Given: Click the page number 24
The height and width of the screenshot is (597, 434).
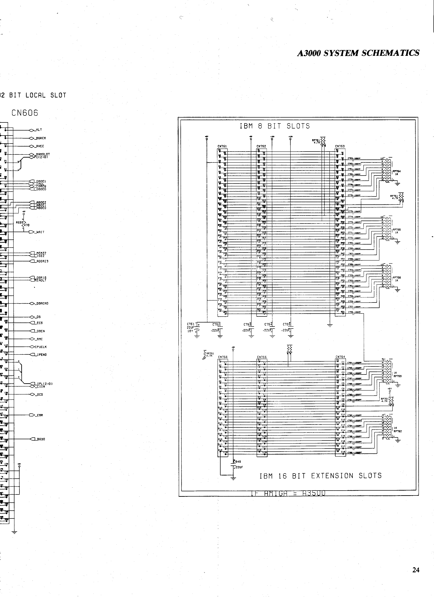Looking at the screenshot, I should (x=416, y=570).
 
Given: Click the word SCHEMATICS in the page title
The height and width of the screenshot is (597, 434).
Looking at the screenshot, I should (x=391, y=53).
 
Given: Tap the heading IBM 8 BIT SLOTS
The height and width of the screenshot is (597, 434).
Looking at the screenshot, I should (x=275, y=126).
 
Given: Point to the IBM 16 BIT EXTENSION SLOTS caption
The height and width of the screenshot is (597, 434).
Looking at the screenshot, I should (x=320, y=476).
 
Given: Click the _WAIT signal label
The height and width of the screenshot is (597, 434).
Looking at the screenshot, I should (x=40, y=232).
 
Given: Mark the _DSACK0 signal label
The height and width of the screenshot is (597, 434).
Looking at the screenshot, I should (x=42, y=303).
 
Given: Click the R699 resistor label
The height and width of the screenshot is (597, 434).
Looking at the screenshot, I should (x=19, y=222).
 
